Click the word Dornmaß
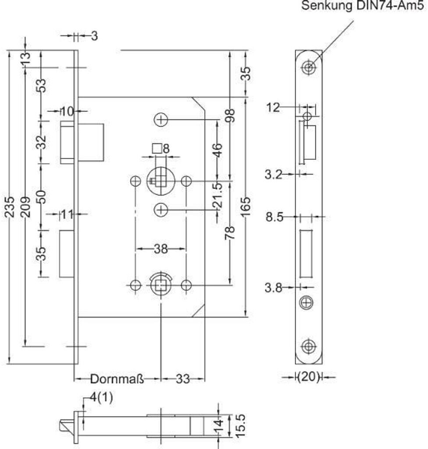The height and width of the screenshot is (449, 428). click(x=117, y=379)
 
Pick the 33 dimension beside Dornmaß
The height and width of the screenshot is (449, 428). click(x=183, y=379)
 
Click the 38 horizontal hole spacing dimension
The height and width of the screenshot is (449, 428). click(x=161, y=249)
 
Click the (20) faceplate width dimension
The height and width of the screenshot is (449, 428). click(x=309, y=377)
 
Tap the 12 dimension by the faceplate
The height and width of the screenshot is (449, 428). click(x=273, y=107)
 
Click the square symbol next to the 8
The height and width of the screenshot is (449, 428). click(x=156, y=149)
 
